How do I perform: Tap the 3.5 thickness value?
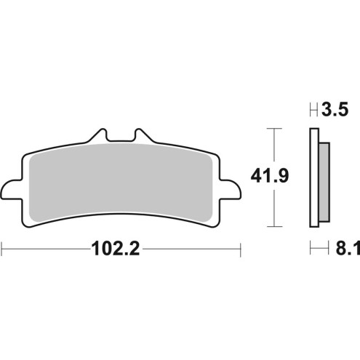pyautogui.click(x=335, y=111)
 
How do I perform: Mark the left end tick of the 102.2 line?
pyautogui.click(x=2, y=249)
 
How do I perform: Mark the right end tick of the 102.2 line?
pyautogui.click(x=239, y=249)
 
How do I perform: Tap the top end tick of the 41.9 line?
pyautogui.click(x=273, y=129)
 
